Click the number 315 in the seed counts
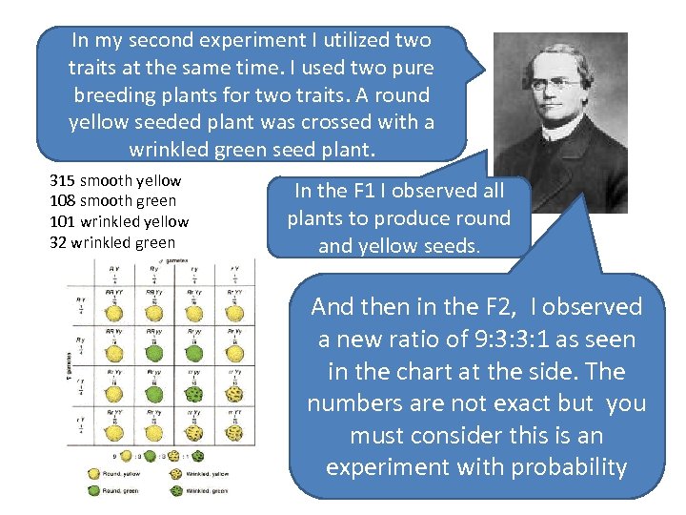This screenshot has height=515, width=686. tap(62, 180)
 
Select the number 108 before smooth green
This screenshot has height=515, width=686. tap(62, 201)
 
